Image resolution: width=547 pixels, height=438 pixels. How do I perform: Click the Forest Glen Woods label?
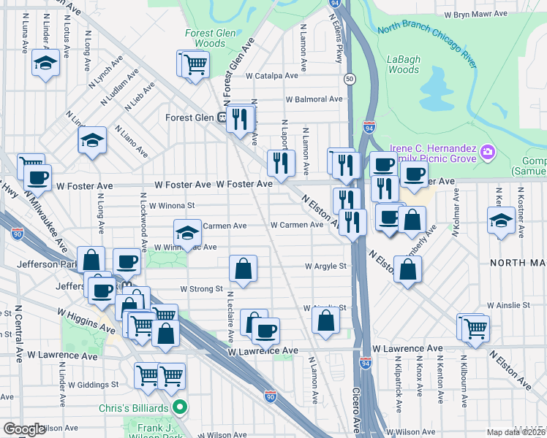[x=205, y=38]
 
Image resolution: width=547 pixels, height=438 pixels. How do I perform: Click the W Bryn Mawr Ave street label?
[x=476, y=14]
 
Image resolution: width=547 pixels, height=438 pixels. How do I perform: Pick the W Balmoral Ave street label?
[x=314, y=99]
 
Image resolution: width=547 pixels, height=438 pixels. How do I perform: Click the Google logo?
[x=23, y=429]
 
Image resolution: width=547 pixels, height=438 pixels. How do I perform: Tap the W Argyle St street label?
[x=325, y=266]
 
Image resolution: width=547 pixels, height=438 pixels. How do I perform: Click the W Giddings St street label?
[x=94, y=384]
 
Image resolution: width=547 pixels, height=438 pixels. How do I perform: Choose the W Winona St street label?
[x=172, y=206]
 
